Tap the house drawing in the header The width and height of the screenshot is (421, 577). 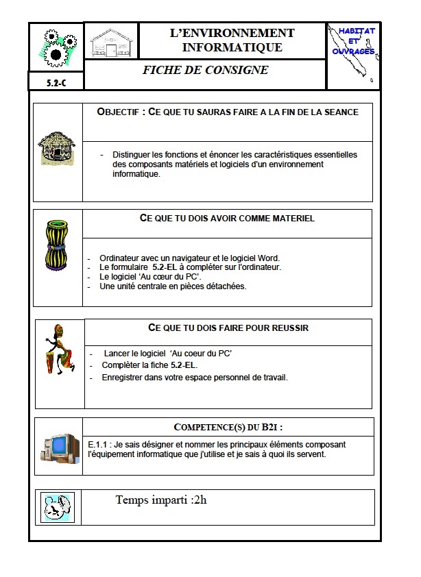pyautogui.click(x=110, y=43)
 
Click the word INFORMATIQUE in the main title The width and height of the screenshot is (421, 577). pyautogui.click(x=232, y=47)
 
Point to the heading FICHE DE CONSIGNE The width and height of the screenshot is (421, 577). pyautogui.click(x=205, y=71)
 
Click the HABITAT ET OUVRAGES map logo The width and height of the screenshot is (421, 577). pyautogui.click(x=352, y=55)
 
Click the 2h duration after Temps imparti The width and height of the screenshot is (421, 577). pyautogui.click(x=200, y=500)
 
